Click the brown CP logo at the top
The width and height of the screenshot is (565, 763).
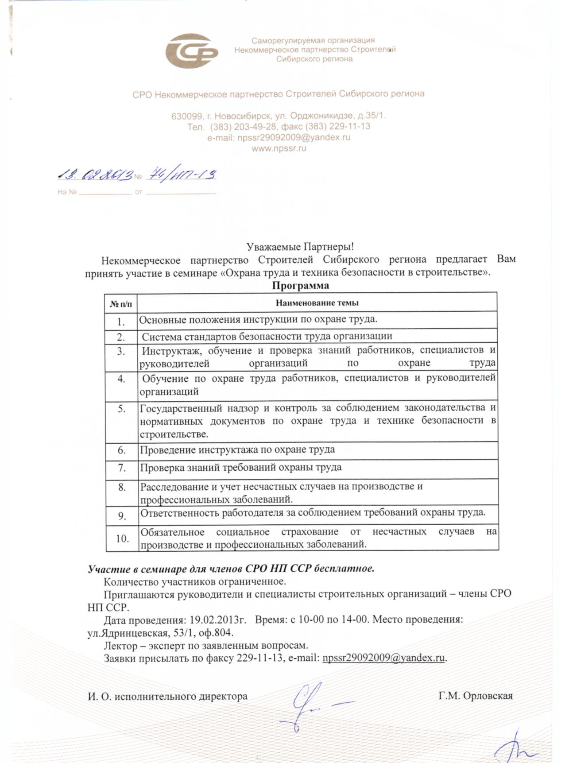click(x=191, y=51)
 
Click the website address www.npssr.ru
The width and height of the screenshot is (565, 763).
click(x=279, y=149)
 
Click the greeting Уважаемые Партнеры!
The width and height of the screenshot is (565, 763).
click(x=300, y=246)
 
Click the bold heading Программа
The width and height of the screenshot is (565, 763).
click(x=300, y=286)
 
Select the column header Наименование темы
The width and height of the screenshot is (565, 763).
click(x=317, y=303)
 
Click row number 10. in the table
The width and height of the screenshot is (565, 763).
click(x=122, y=538)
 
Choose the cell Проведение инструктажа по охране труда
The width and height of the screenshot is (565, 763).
click(x=237, y=450)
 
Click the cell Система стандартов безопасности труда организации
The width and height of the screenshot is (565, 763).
click(x=267, y=337)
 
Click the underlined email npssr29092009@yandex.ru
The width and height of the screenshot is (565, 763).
click(x=383, y=658)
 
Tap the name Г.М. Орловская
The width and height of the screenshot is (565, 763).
click(x=476, y=696)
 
